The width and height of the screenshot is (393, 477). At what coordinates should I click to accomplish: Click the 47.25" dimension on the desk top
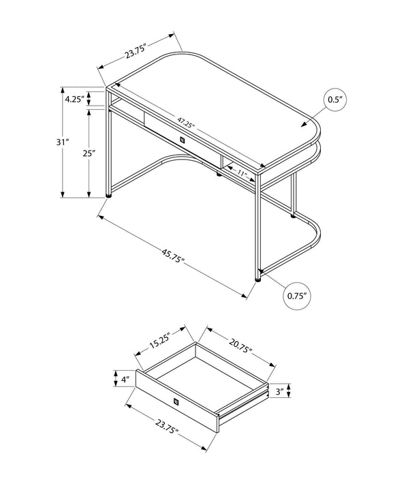click(x=187, y=124)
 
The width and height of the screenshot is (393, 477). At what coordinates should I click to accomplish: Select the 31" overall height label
click(x=63, y=142)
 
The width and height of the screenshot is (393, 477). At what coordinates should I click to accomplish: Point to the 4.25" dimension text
click(x=74, y=99)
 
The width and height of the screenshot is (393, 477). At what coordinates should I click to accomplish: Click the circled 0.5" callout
click(x=334, y=100)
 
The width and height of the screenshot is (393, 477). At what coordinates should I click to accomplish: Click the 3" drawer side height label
click(x=279, y=392)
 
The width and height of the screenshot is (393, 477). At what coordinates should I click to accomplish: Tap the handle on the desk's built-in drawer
click(x=181, y=140)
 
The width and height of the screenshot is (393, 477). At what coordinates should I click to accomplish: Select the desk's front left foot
click(x=110, y=196)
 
